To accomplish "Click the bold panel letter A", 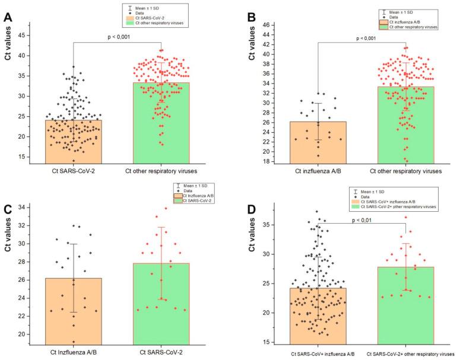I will [8, 17].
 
